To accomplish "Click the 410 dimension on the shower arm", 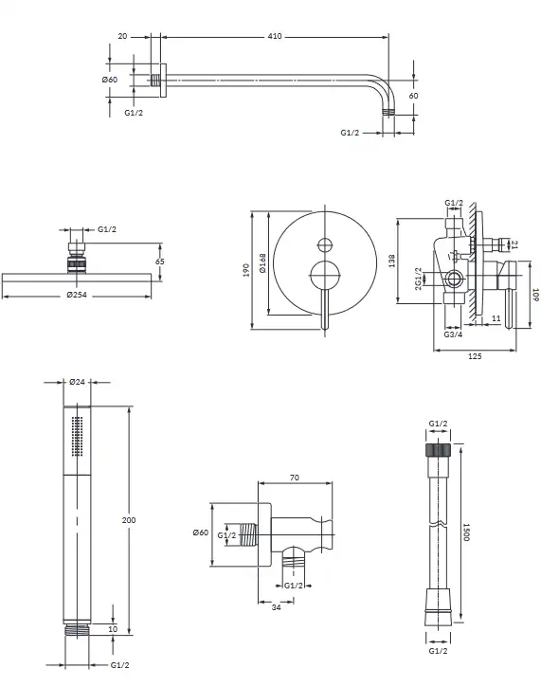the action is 275,36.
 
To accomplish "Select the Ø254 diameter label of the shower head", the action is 77,295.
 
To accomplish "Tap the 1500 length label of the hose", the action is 466,532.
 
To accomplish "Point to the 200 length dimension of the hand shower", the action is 129,520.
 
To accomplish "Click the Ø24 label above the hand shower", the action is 77,382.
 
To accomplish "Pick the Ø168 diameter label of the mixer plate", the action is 262,263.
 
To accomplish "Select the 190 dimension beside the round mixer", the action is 245,270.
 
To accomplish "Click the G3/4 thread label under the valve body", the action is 453,334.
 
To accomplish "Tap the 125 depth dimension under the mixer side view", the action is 475,356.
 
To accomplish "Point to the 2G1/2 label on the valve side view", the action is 418,279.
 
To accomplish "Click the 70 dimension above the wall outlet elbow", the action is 295,478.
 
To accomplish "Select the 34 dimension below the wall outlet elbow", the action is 276,607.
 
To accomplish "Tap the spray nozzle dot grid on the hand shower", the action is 77,436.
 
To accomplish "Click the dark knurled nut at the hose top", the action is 438,449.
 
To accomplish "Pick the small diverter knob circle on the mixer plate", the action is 325,245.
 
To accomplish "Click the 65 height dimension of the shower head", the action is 159,262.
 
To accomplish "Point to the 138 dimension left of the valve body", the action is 391,262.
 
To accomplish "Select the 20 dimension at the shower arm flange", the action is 122,36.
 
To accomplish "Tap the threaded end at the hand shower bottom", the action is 78,629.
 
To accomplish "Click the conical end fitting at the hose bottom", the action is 438,606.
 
